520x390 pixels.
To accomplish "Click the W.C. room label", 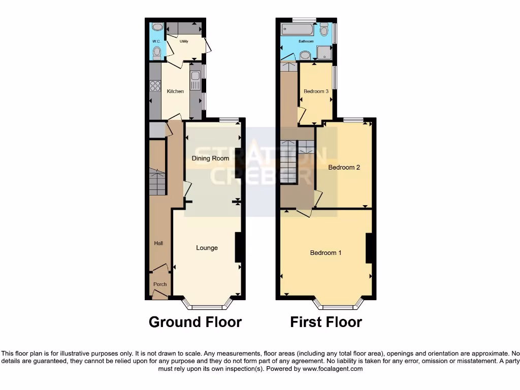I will [x=156, y=41].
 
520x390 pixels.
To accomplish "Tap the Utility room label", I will [x=184, y=41].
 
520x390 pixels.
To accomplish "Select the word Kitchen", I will [x=175, y=91].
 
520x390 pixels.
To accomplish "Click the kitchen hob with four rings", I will [x=155, y=86].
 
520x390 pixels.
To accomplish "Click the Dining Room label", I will [x=210, y=158].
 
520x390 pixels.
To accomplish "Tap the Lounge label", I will [x=207, y=248].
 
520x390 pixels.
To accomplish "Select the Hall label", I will [x=159, y=244].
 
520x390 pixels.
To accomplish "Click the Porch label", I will [x=160, y=284].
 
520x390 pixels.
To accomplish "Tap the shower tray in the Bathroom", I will [x=323, y=52].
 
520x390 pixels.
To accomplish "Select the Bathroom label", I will [x=306, y=41].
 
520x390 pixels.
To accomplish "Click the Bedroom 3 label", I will [x=316, y=91].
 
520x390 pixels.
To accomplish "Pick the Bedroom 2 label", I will [x=344, y=167].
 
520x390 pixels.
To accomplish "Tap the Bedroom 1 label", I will [x=326, y=253].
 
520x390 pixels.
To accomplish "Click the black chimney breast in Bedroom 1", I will [x=370, y=248].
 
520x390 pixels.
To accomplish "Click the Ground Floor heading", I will [x=195, y=322].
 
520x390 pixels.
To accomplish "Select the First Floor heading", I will [x=326, y=322].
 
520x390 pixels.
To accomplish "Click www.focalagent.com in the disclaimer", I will [x=333, y=369].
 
